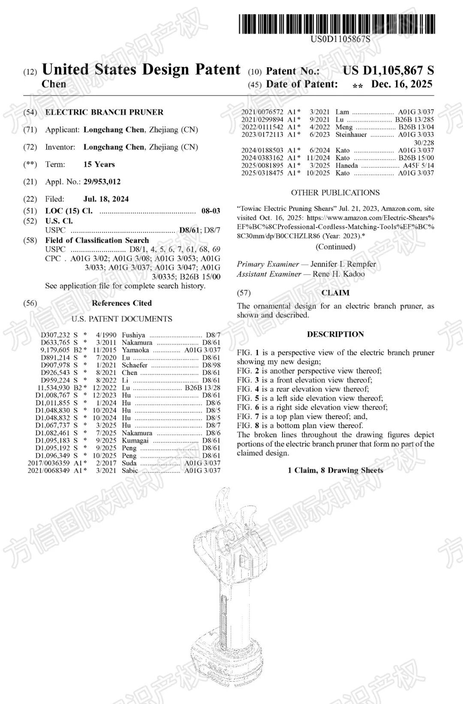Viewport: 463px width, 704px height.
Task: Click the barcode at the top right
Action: tap(337, 24)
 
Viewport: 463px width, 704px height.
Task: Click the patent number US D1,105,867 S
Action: tap(388, 70)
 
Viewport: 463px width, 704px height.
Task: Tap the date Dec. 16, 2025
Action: tap(402, 84)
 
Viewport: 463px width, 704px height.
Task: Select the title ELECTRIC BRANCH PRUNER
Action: tap(104, 112)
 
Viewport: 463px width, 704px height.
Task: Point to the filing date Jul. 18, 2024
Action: tap(106, 199)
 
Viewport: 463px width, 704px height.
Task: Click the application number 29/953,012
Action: tap(102, 182)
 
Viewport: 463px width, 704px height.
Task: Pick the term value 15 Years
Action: tap(99, 165)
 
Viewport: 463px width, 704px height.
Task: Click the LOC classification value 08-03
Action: tap(210, 211)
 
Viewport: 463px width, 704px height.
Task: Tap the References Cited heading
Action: tap(122, 303)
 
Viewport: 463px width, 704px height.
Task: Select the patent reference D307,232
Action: tap(55, 335)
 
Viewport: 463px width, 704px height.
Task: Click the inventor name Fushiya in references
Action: tap(133, 335)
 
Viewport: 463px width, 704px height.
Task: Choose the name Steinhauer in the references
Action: tap(351, 135)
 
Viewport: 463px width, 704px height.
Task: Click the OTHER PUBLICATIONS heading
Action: tap(335, 193)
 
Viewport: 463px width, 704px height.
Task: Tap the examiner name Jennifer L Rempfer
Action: tap(343, 264)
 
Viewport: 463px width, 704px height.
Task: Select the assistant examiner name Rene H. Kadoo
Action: tap(339, 274)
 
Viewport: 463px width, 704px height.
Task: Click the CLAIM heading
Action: tap(335, 293)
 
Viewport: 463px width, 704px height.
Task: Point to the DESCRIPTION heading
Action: tap(335, 334)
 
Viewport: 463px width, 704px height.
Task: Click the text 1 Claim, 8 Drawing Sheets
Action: tap(335, 470)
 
